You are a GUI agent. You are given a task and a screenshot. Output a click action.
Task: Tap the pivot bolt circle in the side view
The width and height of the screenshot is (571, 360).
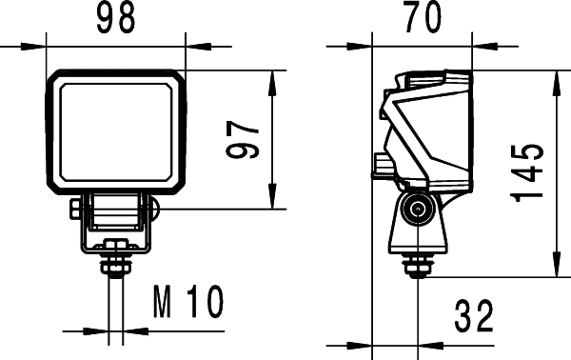click(x=415, y=211)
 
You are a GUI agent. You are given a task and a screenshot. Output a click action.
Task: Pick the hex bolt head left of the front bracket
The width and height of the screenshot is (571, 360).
click(x=76, y=209)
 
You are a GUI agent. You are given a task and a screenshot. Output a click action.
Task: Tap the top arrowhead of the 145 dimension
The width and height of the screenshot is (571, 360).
click(x=555, y=77)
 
